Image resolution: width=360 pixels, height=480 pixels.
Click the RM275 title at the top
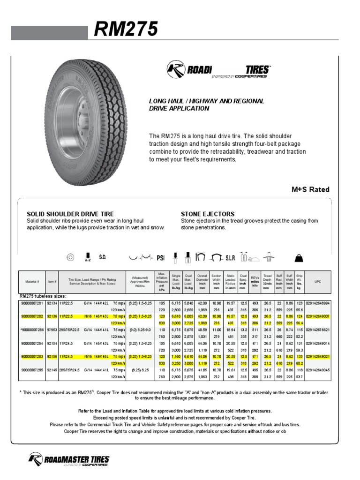coord(126,30)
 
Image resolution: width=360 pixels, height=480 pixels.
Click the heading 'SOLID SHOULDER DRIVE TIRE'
coord(70,214)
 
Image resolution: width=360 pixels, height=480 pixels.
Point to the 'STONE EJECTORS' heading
coord(208,214)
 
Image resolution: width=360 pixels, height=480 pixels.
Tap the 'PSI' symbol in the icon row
coord(161,257)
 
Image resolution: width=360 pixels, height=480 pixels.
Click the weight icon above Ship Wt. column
coord(300,257)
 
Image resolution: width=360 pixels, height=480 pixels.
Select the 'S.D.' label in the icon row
coord(103,257)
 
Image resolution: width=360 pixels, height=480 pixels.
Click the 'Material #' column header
coord(32,282)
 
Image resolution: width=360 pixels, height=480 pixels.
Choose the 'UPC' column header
coord(317,282)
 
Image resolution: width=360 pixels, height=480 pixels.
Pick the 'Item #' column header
coord(52,282)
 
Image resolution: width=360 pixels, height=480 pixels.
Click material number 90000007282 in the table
coord(32,317)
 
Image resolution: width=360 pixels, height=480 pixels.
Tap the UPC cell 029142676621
coord(318,330)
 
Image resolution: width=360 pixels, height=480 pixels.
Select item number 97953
coord(52,330)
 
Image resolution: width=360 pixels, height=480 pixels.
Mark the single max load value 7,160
coord(176,357)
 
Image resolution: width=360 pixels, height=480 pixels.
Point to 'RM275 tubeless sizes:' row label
coord(43,297)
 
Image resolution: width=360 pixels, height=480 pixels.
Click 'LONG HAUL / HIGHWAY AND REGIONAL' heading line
coord(207,101)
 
